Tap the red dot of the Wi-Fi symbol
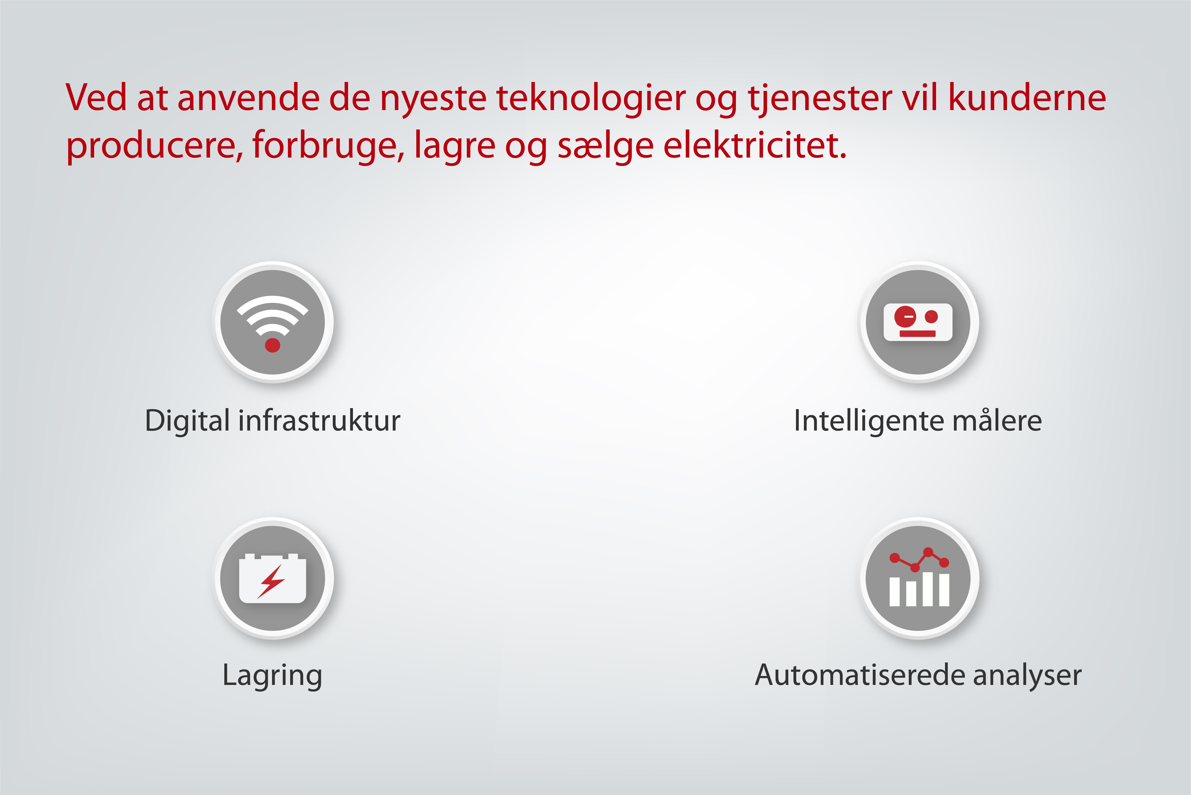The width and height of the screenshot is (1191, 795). pyautogui.click(x=273, y=345)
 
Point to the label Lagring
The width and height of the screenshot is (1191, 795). pyautogui.click(x=273, y=676)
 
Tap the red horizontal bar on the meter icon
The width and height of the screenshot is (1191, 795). pyautogui.click(x=917, y=334)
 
